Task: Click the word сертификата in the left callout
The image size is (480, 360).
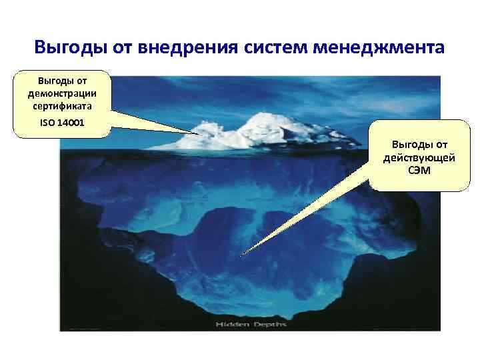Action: click(x=62, y=105)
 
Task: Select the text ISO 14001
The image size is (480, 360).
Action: click(x=61, y=123)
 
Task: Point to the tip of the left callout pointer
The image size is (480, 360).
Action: click(x=199, y=133)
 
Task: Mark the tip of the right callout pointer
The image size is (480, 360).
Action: click(x=241, y=255)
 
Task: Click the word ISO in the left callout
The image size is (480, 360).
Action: click(x=46, y=123)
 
